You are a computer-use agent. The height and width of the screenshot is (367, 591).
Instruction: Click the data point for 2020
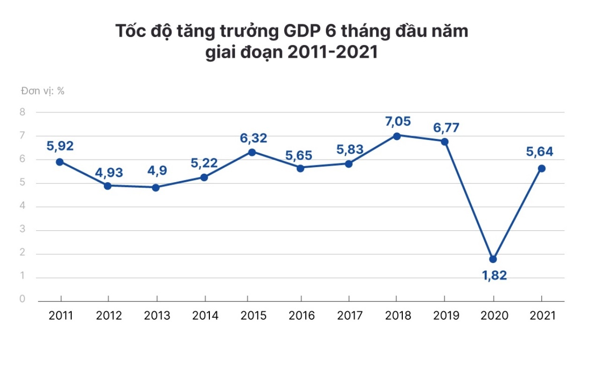(x=493, y=259)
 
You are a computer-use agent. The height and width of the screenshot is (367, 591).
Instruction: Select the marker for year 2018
(x=397, y=136)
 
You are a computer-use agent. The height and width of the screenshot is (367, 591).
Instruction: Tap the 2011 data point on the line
(x=60, y=162)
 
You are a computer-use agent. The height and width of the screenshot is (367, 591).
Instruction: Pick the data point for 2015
(x=252, y=152)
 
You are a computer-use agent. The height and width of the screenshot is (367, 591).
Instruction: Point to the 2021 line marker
(x=542, y=169)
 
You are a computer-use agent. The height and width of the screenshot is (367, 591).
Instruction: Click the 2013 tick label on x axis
(x=157, y=316)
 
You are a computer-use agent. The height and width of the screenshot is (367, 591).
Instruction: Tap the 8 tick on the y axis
(x=22, y=112)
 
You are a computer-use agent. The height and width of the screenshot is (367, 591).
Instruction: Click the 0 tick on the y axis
(x=22, y=299)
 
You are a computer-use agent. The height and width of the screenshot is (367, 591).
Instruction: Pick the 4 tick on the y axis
(x=22, y=206)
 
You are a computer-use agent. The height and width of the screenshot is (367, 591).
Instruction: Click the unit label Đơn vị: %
(x=43, y=91)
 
